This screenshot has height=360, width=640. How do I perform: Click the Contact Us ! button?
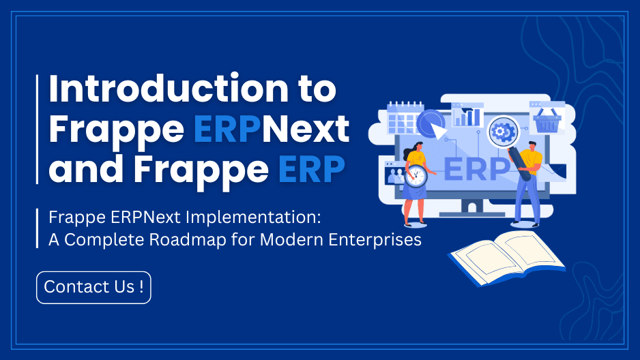(x=93, y=287)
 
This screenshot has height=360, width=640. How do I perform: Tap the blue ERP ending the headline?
(x=311, y=168)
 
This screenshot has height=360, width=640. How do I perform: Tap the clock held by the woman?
(x=416, y=175)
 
